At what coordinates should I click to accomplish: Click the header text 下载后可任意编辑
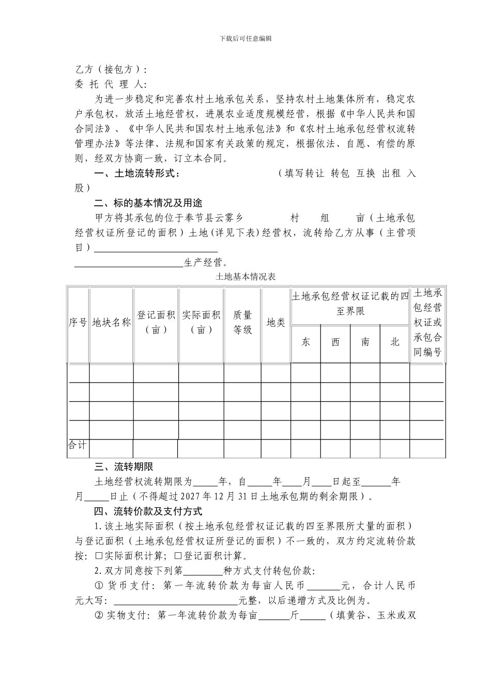[x=245, y=38]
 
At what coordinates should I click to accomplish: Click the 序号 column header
[x=78, y=322]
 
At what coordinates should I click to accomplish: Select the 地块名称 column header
[x=111, y=322]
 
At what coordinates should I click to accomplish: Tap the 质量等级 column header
[x=242, y=322]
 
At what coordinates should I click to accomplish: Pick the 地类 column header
[x=275, y=322]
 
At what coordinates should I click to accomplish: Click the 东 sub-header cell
[x=305, y=342]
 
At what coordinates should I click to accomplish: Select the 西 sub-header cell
[x=335, y=342]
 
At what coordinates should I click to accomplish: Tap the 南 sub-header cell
[x=365, y=342]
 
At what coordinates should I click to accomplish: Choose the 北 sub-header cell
[x=395, y=342]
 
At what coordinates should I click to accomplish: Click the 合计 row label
[x=78, y=444]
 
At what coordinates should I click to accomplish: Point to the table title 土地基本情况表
[x=245, y=277]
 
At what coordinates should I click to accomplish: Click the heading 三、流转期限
[x=124, y=466]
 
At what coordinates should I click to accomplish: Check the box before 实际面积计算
[x=99, y=556]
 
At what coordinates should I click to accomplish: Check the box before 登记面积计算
[x=177, y=556]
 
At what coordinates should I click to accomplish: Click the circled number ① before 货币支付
[x=99, y=586]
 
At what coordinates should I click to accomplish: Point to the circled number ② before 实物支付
[x=99, y=616]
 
